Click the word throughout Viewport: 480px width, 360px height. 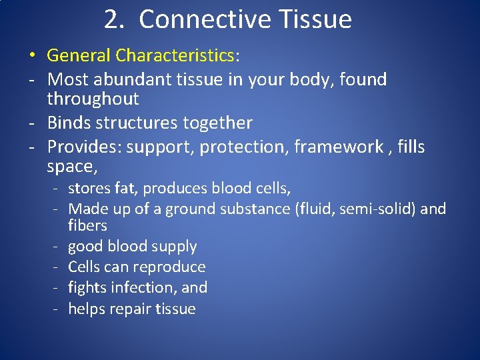[x=93, y=99]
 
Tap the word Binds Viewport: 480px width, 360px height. [x=69, y=123]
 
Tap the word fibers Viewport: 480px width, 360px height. [x=87, y=225]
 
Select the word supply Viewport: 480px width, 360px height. [x=175, y=247]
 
